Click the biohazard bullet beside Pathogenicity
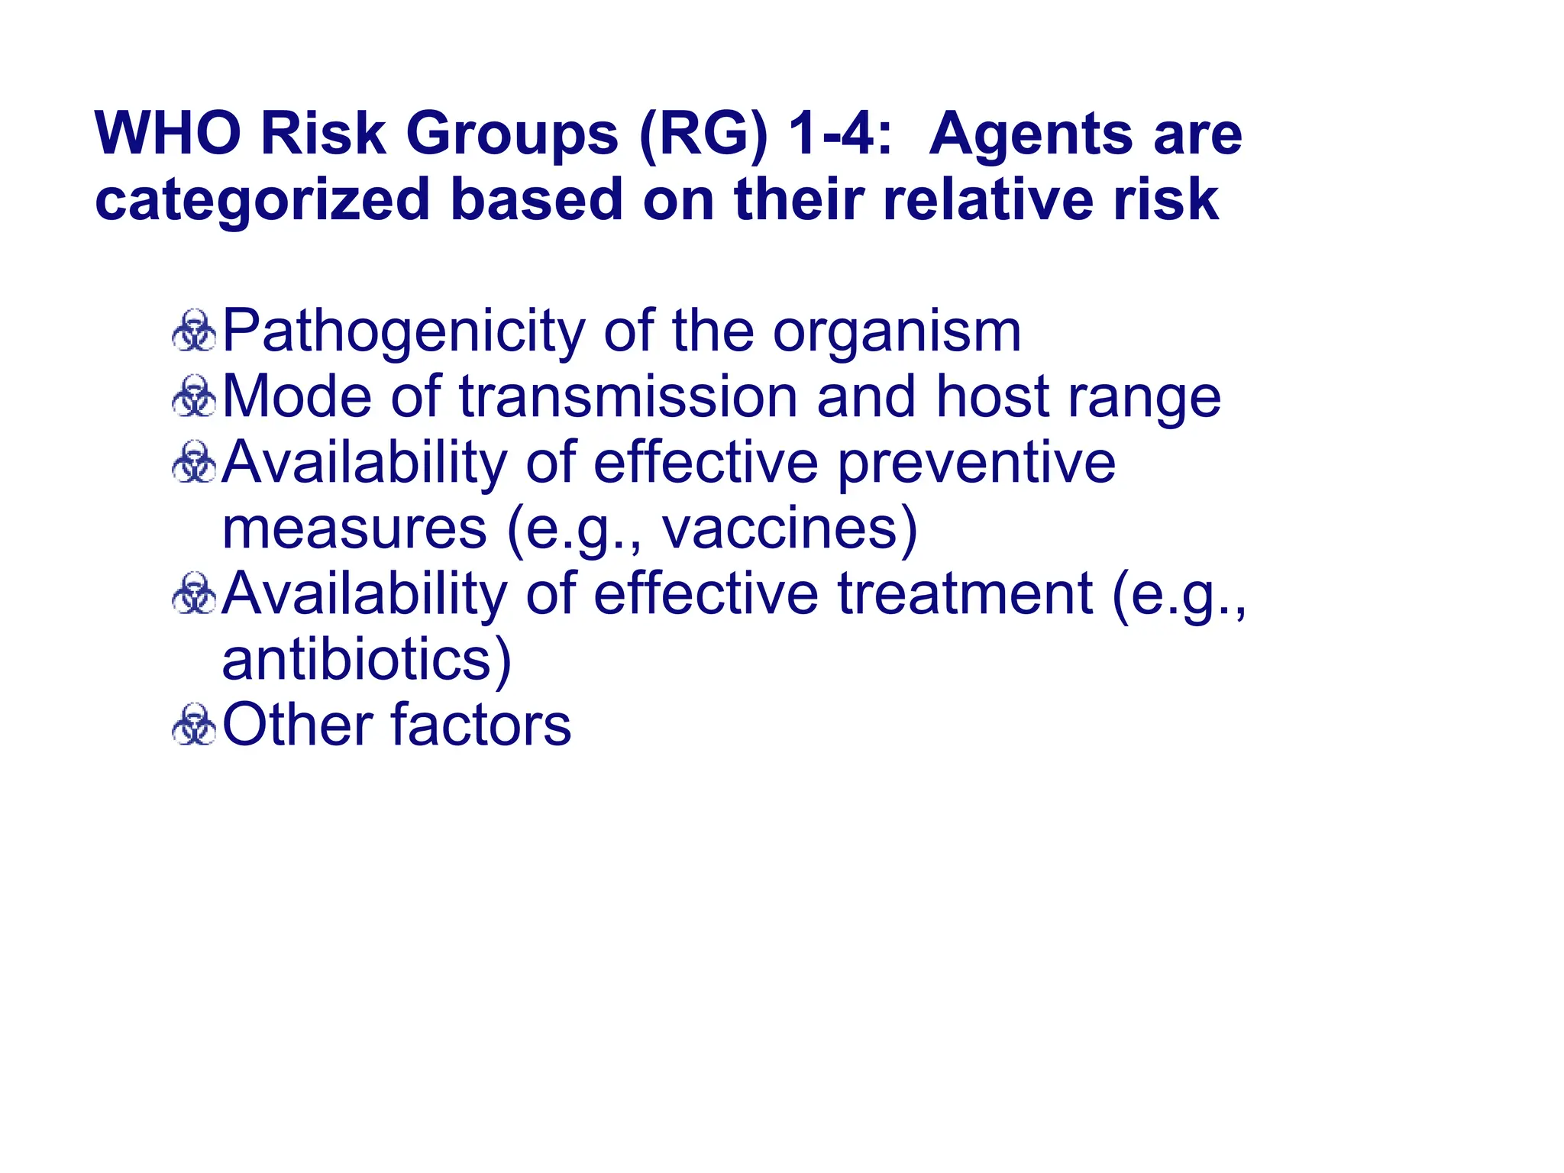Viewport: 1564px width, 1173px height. tap(195, 331)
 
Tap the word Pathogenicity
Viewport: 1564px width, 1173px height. tap(404, 332)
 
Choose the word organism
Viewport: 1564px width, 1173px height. tap(897, 332)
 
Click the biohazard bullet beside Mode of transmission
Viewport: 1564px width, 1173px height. tap(195, 397)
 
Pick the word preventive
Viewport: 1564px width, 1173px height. tap(977, 464)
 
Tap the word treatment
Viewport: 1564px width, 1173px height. tap(965, 594)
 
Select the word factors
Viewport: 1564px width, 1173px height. tap(480, 725)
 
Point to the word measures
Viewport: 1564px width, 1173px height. tap(354, 528)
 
